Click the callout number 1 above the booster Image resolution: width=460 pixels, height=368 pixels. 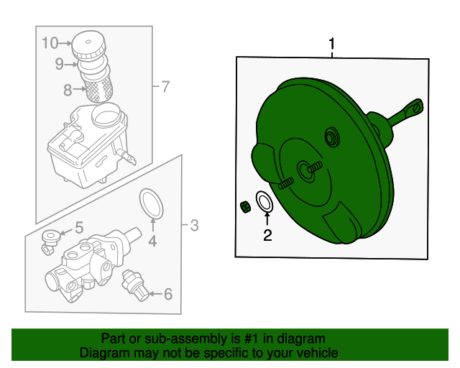pos(332,45)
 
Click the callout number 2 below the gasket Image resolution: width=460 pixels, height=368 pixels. pos(267,234)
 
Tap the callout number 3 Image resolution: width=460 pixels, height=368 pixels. pos(193,226)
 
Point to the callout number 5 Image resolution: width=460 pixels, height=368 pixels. pos(79,228)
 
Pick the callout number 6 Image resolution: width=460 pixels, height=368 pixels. pos(167,293)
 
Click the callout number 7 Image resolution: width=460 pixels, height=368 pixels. pos(165,88)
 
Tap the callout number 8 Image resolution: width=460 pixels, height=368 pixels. pos(68,90)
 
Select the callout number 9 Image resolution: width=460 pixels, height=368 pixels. pos(60,64)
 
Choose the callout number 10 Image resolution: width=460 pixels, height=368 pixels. pos(50,43)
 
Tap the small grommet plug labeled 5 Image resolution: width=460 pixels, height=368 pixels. pos(50,239)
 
